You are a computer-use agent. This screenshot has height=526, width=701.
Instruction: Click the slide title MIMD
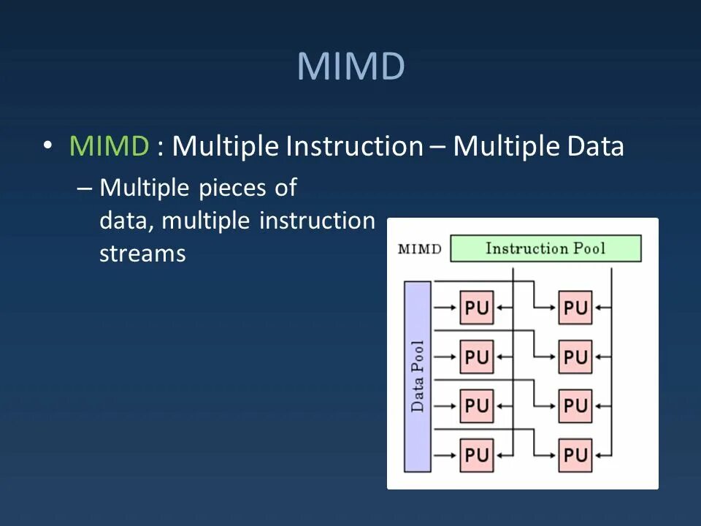tap(350, 66)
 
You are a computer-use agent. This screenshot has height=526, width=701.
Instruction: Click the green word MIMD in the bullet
tap(109, 147)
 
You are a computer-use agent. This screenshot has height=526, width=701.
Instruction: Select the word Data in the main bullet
tap(595, 147)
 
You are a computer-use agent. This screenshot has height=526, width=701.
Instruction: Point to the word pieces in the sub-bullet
tap(234, 188)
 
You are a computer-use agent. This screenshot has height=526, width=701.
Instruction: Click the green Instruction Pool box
tap(545, 248)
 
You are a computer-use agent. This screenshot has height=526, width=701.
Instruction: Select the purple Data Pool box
tap(418, 376)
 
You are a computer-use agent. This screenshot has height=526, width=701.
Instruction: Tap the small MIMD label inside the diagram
tap(419, 248)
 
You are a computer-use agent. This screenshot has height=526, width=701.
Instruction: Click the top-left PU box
tap(476, 308)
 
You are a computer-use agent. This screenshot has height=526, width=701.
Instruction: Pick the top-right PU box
tap(575, 308)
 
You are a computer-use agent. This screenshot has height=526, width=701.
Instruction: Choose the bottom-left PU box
tap(476, 455)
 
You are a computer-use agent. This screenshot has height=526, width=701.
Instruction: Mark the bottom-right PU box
tap(575, 455)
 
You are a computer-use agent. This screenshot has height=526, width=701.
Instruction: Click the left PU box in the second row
tap(476, 357)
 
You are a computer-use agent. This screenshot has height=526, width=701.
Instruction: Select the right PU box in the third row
tap(575, 405)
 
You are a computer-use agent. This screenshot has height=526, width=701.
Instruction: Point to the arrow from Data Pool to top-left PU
tap(444, 308)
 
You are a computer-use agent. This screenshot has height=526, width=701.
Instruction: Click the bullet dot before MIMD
tap(48, 145)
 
